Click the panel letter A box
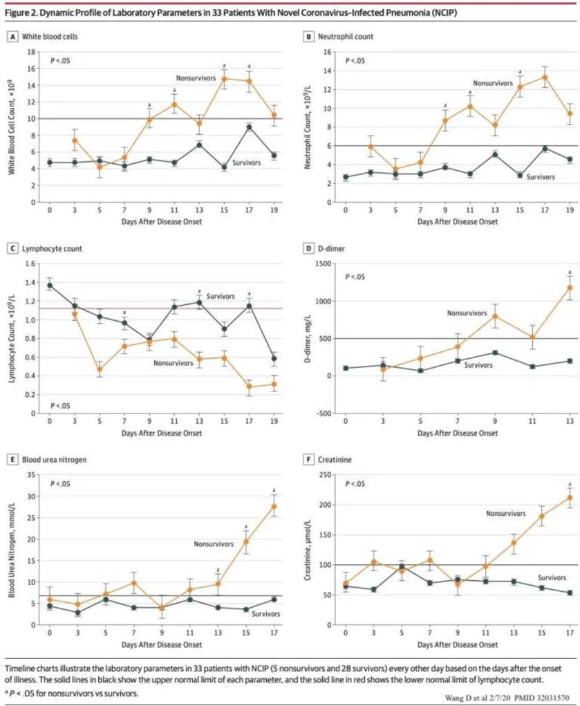coord(11,36)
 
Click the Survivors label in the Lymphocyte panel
coord(221,296)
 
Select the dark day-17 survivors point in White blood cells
coord(249,127)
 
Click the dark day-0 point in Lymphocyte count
coord(49,285)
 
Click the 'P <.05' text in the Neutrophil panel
coord(355,62)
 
